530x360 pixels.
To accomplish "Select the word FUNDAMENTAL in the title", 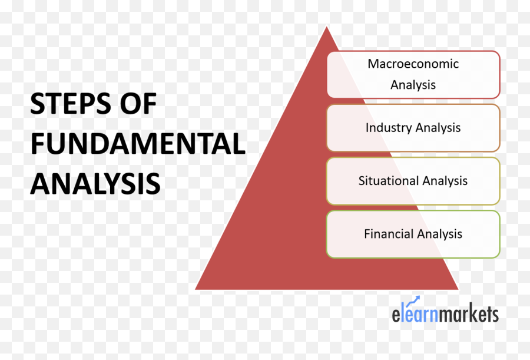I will [x=138, y=144].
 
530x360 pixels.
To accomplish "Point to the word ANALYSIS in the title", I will [x=95, y=183].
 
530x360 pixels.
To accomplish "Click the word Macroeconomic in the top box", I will [x=413, y=64].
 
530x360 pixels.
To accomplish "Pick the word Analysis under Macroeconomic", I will [x=413, y=85].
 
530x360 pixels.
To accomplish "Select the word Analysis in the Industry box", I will [x=438, y=128].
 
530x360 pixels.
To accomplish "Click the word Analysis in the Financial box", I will [x=439, y=234].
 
